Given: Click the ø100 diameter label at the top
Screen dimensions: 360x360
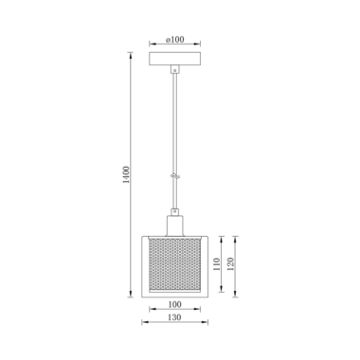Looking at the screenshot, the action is pyautogui.click(x=174, y=40).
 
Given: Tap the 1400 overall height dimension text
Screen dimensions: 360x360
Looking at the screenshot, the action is pyautogui.click(x=126, y=174).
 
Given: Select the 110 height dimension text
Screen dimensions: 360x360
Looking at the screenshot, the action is pyautogui.click(x=217, y=264).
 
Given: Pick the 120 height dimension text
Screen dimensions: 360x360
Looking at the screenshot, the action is pyautogui.click(x=230, y=264).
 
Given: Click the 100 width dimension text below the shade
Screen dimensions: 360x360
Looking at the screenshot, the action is pyautogui.click(x=174, y=304).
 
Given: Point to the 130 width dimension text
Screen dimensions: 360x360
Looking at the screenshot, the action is pyautogui.click(x=174, y=317).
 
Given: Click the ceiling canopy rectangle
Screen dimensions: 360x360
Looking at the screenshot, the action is pyautogui.click(x=174, y=59).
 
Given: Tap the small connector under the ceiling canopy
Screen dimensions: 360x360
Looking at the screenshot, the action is pyautogui.click(x=174, y=69).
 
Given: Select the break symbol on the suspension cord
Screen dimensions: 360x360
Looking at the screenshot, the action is pyautogui.click(x=174, y=175).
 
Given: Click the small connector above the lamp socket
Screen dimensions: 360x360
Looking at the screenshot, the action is pyautogui.click(x=174, y=211).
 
